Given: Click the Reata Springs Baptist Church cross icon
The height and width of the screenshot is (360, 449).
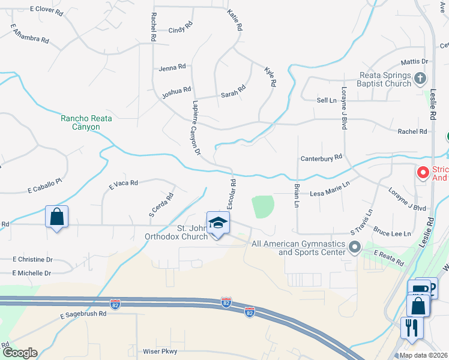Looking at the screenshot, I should [x=420, y=77].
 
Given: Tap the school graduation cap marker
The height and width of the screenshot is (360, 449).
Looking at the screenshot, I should [x=218, y=223].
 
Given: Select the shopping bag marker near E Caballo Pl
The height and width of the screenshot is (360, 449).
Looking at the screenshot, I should [x=56, y=217].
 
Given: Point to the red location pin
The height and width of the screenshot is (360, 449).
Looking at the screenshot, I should [x=423, y=173].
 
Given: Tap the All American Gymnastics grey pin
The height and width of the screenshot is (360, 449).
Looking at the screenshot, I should [x=355, y=247].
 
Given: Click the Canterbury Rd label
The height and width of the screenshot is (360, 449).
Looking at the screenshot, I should [x=321, y=157].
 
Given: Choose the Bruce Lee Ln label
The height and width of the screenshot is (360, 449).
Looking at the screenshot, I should [x=392, y=233].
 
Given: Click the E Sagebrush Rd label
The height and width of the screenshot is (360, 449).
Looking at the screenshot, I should [x=83, y=314].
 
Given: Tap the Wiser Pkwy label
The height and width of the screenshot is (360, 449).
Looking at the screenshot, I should [x=158, y=352].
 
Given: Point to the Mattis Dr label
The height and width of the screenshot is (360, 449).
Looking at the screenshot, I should [x=414, y=62].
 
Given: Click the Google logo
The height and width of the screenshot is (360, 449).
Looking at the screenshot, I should [x=20, y=353].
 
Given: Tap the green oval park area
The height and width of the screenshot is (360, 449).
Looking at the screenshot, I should [x=263, y=207].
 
